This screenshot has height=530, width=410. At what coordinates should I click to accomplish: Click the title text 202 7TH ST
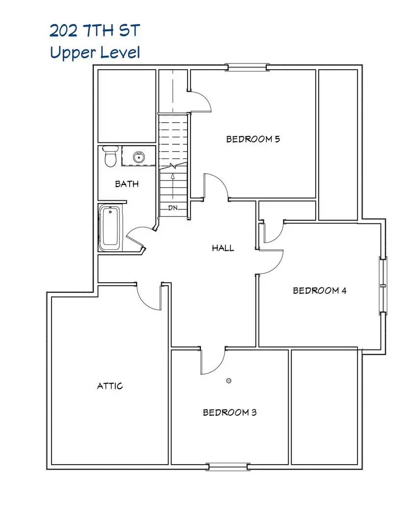[x=94, y=31]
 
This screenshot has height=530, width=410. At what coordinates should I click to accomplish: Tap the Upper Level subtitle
[x=95, y=52]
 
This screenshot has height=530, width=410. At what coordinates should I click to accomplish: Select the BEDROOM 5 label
[x=253, y=139]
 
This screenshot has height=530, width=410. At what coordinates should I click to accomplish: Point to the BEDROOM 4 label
[x=320, y=291]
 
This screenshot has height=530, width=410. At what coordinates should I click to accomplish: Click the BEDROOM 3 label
[x=230, y=412]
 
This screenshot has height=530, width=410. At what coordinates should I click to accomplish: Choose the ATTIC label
[x=110, y=386]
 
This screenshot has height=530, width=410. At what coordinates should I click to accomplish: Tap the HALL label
[x=223, y=248]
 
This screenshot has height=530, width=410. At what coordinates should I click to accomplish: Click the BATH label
[x=127, y=184]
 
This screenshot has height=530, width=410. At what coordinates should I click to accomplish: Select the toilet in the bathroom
[x=110, y=157]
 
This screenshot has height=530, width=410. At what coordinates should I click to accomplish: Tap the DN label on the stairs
[x=172, y=208]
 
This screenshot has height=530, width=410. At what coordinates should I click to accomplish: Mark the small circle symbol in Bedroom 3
[x=228, y=381]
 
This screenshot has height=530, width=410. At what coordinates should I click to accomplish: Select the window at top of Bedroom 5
[x=247, y=67]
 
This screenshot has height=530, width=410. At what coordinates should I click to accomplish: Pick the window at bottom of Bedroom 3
[x=228, y=467]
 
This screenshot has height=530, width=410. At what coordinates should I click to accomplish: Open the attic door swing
[x=149, y=296]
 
